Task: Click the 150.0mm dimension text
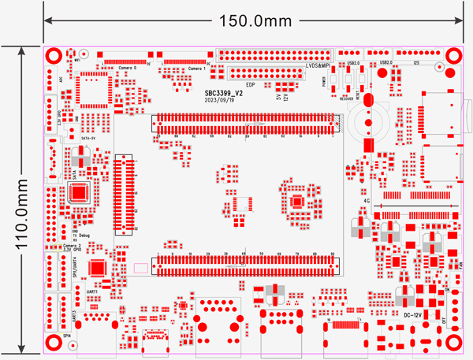tap(247, 20)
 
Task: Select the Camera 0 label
tap(128, 69)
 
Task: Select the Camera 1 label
tap(197, 69)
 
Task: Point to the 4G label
tap(367, 201)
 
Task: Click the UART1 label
tap(91, 292)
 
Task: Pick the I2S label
tap(415, 61)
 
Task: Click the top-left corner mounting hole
tap(54, 57)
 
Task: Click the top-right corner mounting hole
tap(454, 56)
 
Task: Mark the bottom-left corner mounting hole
tap(54, 343)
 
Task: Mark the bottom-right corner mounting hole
tap(454, 343)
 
